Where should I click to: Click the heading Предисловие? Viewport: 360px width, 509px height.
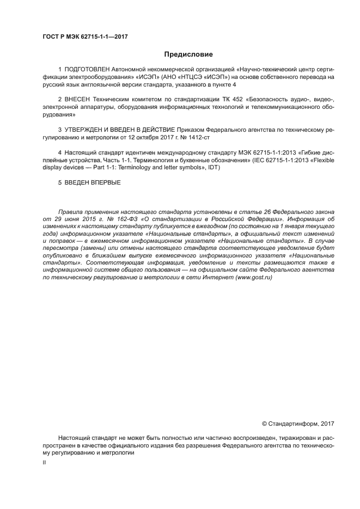coord(188,54)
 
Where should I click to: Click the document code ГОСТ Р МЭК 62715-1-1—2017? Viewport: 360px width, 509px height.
coord(84,37)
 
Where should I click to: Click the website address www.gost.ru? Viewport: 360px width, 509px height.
coord(253,277)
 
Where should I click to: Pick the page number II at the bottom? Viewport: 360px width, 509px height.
coord(44,462)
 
